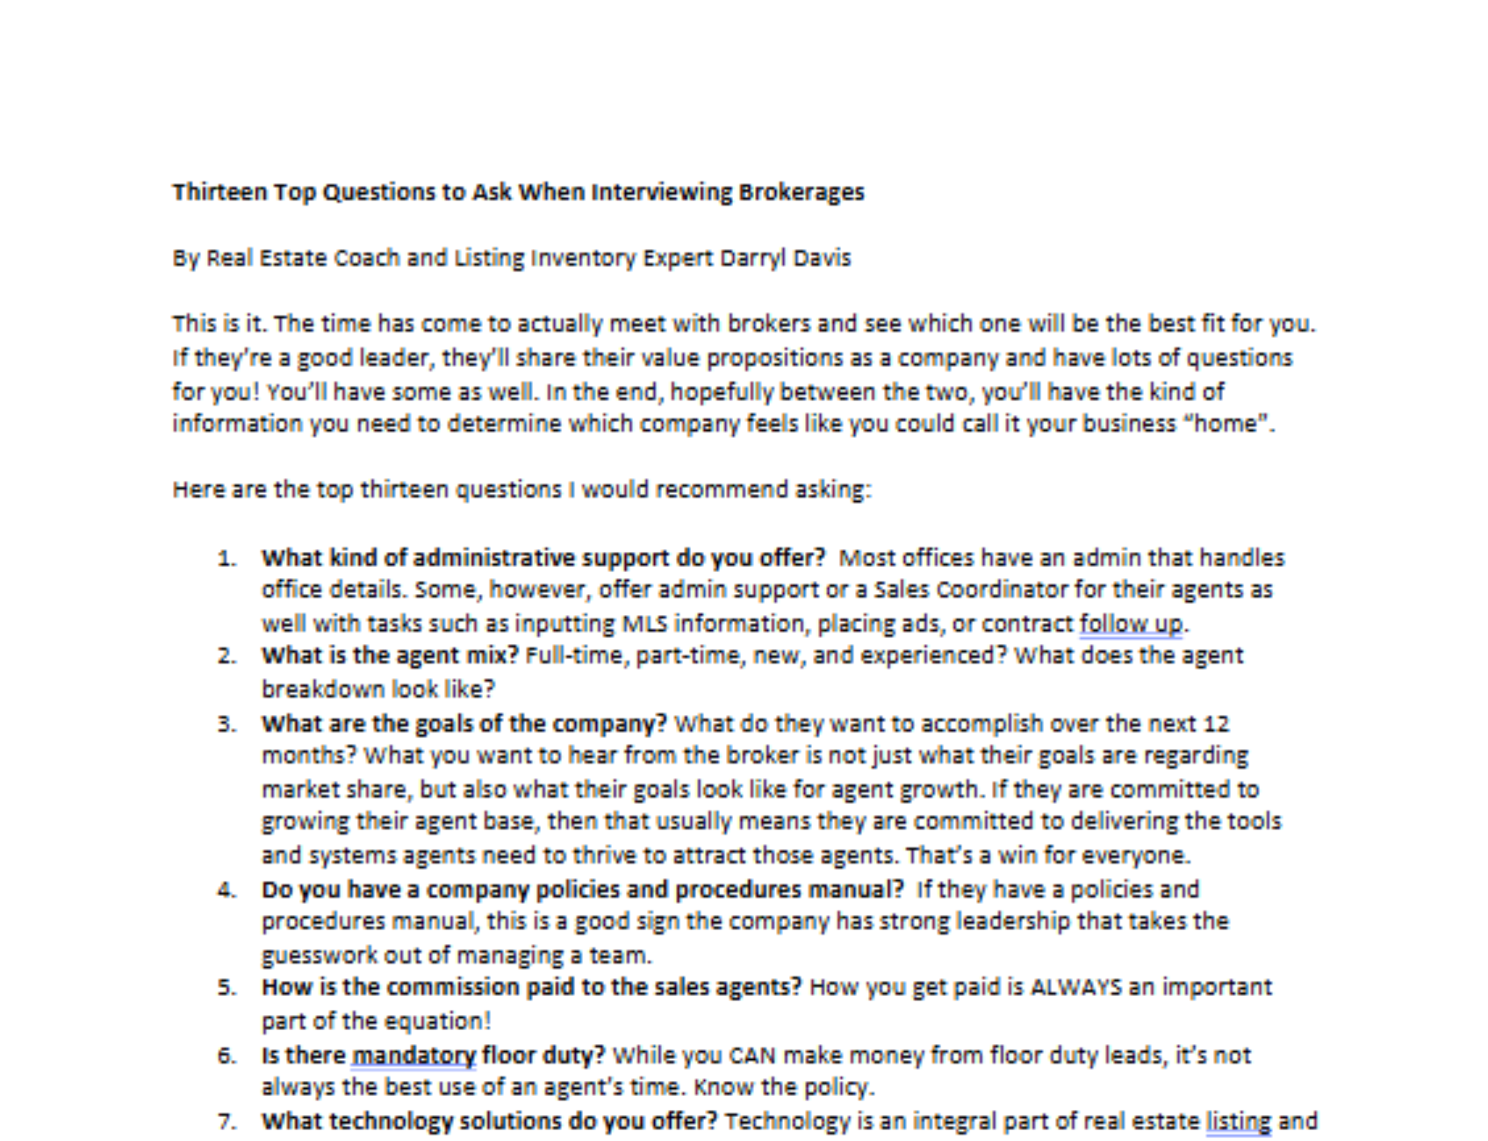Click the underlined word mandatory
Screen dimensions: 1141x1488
pos(413,1055)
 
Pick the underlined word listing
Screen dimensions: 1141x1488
pos(1238,1121)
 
